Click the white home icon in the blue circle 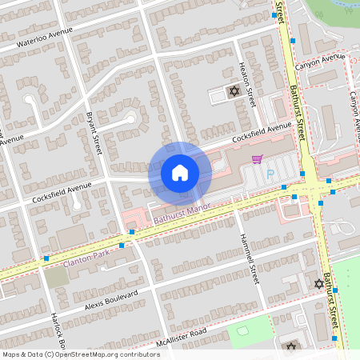tap(179, 172)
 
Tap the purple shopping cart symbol tap(257, 158)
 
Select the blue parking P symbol tap(270, 174)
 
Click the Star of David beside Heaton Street tap(234, 91)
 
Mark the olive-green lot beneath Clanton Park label tap(55, 277)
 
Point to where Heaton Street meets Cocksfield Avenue tap(257, 132)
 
